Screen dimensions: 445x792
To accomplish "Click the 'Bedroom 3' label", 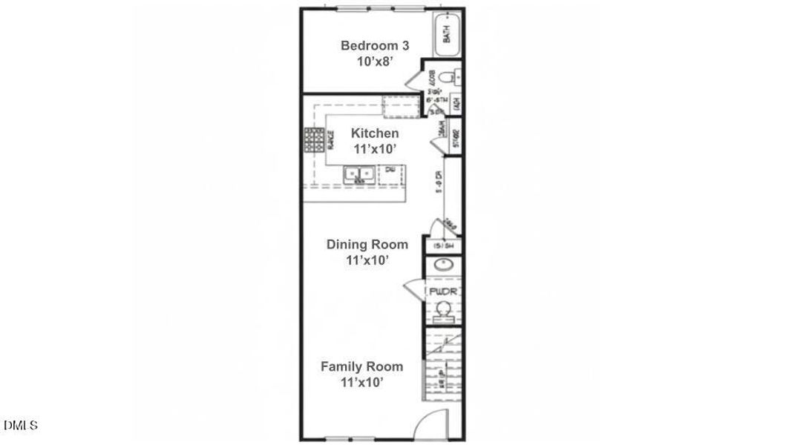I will click(x=374, y=45).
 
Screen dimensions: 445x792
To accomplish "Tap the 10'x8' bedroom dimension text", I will click(x=374, y=62).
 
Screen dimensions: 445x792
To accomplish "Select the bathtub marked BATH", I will click(x=447, y=34).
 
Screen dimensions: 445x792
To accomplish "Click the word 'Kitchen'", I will click(x=374, y=133).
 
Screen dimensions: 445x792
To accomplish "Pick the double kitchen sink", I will click(x=358, y=174).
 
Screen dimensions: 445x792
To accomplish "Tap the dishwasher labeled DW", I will click(x=390, y=174).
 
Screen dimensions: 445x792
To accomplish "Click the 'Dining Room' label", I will click(x=367, y=244).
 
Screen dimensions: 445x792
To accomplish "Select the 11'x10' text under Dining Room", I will click(x=367, y=260).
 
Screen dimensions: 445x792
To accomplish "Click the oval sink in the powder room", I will click(x=443, y=264).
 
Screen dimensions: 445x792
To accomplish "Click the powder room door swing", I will click(x=413, y=291).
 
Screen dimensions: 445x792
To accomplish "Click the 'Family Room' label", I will click(x=361, y=366).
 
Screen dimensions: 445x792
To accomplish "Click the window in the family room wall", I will click(x=349, y=438).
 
